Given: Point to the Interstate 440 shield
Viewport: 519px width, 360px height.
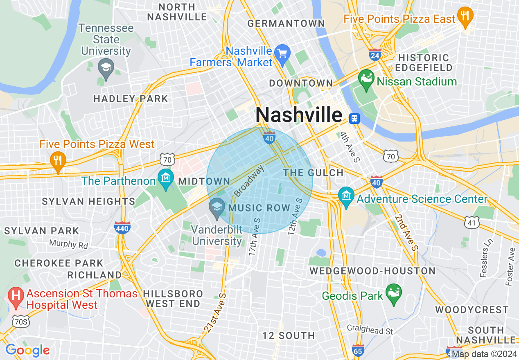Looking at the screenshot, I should (x=122, y=227).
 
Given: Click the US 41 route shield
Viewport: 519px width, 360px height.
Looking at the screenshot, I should (x=472, y=222).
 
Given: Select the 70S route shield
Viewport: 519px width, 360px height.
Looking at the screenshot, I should (x=20, y=322).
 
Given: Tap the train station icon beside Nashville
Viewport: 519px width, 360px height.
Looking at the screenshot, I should (x=354, y=118).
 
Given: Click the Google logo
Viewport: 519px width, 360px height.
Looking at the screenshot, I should (x=28, y=350).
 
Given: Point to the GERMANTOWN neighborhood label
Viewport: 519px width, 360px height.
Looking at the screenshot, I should (x=286, y=23).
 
